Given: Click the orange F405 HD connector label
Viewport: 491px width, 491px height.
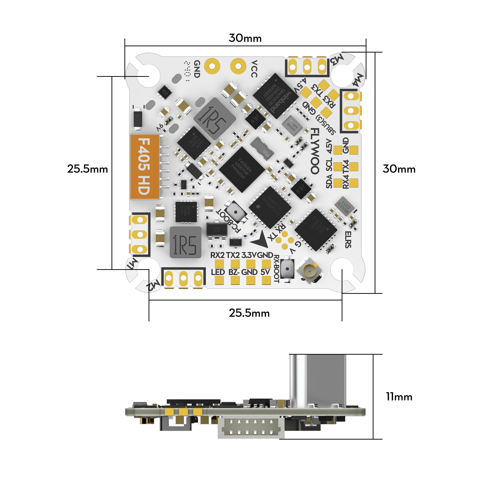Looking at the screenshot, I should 144,166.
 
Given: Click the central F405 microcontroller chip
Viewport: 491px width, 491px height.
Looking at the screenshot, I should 242,170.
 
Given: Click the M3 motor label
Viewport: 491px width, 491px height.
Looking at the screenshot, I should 337,60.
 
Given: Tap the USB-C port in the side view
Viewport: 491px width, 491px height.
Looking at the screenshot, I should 318,380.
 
